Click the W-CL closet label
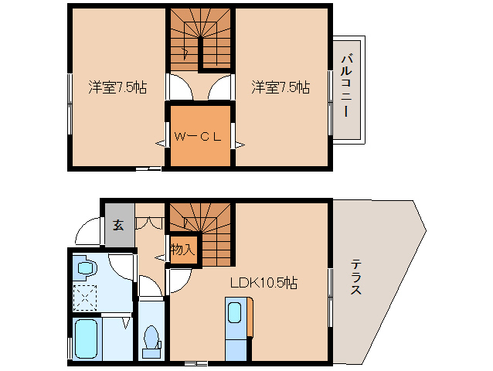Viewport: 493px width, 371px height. [199, 137]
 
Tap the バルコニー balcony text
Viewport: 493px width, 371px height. [348, 84]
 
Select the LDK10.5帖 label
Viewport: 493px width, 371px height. [263, 283]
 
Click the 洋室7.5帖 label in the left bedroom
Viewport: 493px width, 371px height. [117, 87]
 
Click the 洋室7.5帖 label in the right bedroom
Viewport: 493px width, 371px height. [280, 87]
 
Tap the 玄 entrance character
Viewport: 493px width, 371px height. [119, 225]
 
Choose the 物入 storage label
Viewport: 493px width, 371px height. [182, 250]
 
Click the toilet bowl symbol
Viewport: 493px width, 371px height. [152, 339]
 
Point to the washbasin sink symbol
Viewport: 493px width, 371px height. [86, 269]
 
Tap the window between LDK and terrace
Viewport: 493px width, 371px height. [331, 291]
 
